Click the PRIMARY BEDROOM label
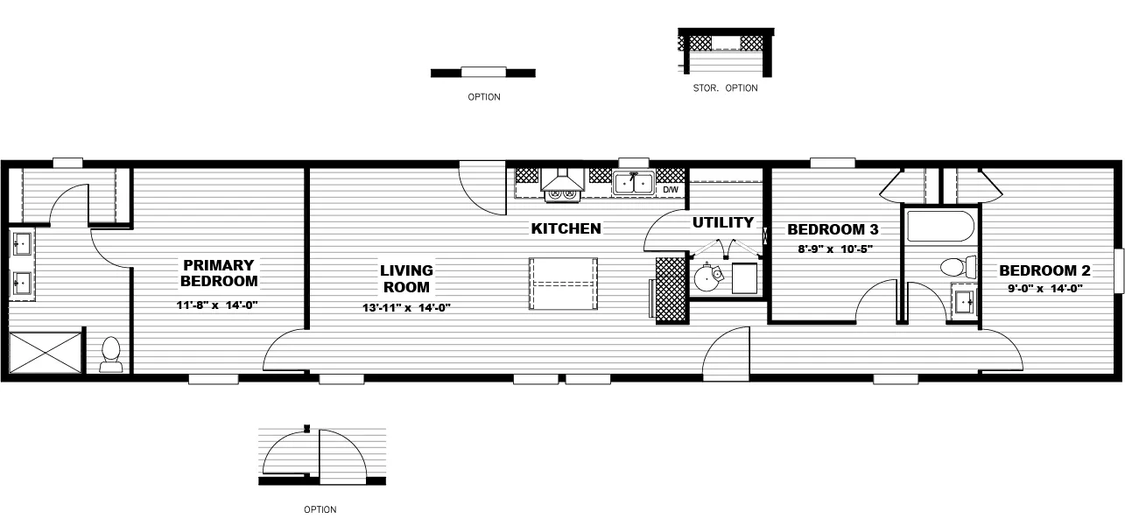click(x=219, y=272)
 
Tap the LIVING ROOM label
click(x=406, y=278)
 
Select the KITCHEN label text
click(x=566, y=228)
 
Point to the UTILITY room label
click(x=723, y=222)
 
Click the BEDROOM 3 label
click(x=833, y=230)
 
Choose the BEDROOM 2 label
click(x=1044, y=270)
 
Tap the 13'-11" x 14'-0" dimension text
click(x=406, y=307)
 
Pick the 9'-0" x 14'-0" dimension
click(x=1044, y=288)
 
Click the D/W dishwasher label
click(x=671, y=189)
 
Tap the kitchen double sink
click(x=634, y=183)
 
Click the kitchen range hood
click(x=562, y=180)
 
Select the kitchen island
click(x=564, y=284)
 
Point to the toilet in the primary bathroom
click(x=111, y=353)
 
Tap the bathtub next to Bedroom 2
click(x=940, y=227)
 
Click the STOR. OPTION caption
click(x=725, y=88)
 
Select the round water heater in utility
click(x=707, y=279)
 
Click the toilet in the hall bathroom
click(x=958, y=266)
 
